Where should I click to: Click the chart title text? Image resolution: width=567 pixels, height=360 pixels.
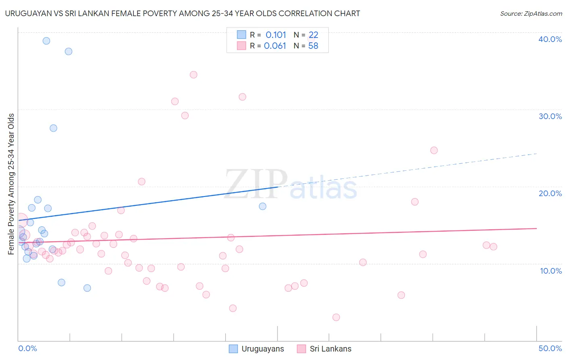(x=182, y=13)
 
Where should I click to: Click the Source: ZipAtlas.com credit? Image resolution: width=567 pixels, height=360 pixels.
(x=531, y=13)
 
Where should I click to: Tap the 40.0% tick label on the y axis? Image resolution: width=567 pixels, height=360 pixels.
(x=550, y=39)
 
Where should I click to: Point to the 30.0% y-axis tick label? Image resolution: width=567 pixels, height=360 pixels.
(x=550, y=116)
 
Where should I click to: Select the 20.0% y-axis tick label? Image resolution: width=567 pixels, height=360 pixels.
(x=550, y=193)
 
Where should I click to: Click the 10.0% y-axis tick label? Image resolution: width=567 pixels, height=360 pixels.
(x=551, y=271)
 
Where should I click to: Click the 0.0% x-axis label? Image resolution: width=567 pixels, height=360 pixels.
(x=27, y=348)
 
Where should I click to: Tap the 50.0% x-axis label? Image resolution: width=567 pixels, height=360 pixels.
(x=550, y=348)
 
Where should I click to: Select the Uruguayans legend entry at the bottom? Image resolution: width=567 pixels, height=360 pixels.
(x=256, y=349)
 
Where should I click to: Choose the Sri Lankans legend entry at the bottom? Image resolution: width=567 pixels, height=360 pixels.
(x=324, y=349)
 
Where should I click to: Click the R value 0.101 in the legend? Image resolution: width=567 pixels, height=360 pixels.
(x=276, y=35)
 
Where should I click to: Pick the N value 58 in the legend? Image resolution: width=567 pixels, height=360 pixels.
(x=313, y=46)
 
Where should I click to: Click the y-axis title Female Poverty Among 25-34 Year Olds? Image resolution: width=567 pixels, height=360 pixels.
(x=11, y=184)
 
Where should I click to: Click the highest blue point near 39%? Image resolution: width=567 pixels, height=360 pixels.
(x=46, y=41)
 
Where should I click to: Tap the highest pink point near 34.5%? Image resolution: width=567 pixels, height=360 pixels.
(x=194, y=75)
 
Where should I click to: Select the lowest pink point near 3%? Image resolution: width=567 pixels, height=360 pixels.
(x=336, y=317)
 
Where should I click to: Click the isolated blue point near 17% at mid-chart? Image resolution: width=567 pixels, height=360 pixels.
(x=263, y=206)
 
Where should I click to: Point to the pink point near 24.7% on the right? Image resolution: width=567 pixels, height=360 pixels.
(x=434, y=150)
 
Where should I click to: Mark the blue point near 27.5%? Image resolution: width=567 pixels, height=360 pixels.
(x=53, y=128)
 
